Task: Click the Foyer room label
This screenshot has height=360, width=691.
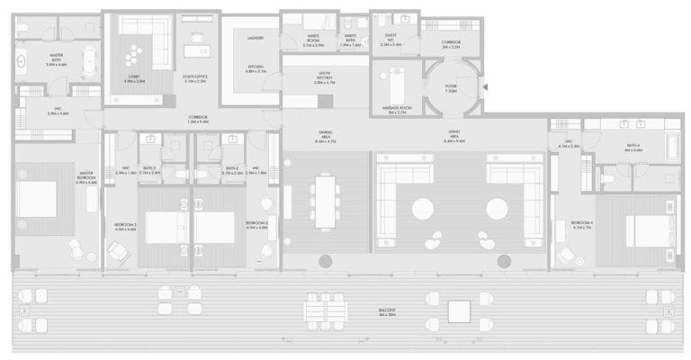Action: click(x=450, y=87)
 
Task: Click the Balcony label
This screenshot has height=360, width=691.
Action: click(x=388, y=311)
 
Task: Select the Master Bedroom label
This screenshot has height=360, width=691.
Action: click(x=87, y=177)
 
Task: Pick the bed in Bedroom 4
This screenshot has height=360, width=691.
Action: click(x=645, y=224)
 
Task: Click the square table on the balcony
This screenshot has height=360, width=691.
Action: click(x=459, y=311)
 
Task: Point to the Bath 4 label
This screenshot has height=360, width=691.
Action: click(x=633, y=148)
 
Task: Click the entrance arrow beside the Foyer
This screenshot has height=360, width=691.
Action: click(x=484, y=86)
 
